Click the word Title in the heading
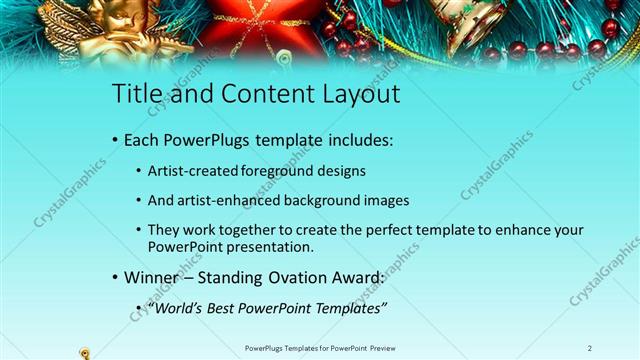coord(133,95)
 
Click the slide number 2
coord(590,347)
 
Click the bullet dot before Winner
coord(115,277)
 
